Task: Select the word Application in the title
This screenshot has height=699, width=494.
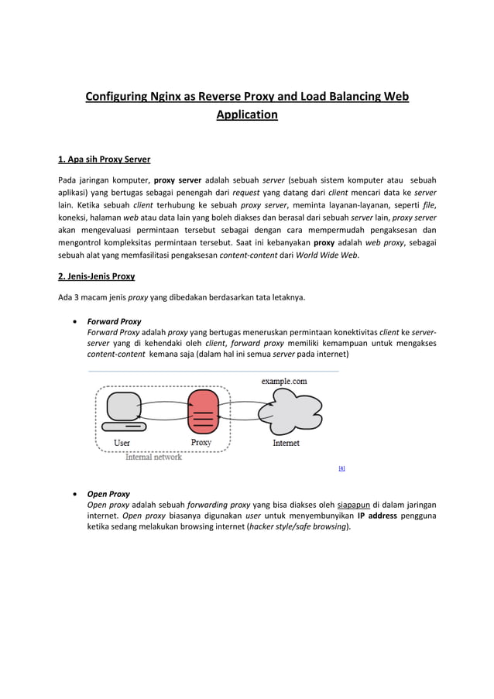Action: [246, 115]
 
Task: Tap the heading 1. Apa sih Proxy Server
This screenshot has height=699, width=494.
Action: [105, 159]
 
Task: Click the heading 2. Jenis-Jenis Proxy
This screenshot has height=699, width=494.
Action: [97, 276]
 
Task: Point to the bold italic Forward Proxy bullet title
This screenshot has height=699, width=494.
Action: [114, 321]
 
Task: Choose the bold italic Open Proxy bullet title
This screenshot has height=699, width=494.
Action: [108, 494]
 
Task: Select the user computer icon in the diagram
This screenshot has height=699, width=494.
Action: [122, 410]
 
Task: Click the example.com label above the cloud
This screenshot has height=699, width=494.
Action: [283, 381]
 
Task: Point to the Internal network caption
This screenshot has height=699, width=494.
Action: [153, 457]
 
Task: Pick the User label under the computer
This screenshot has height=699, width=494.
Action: [122, 443]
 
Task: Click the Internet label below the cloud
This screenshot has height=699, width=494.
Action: [286, 443]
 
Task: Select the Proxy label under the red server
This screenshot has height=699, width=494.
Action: [201, 443]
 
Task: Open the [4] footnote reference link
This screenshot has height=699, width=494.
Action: [341, 468]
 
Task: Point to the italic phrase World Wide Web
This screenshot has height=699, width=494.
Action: [328, 255]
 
